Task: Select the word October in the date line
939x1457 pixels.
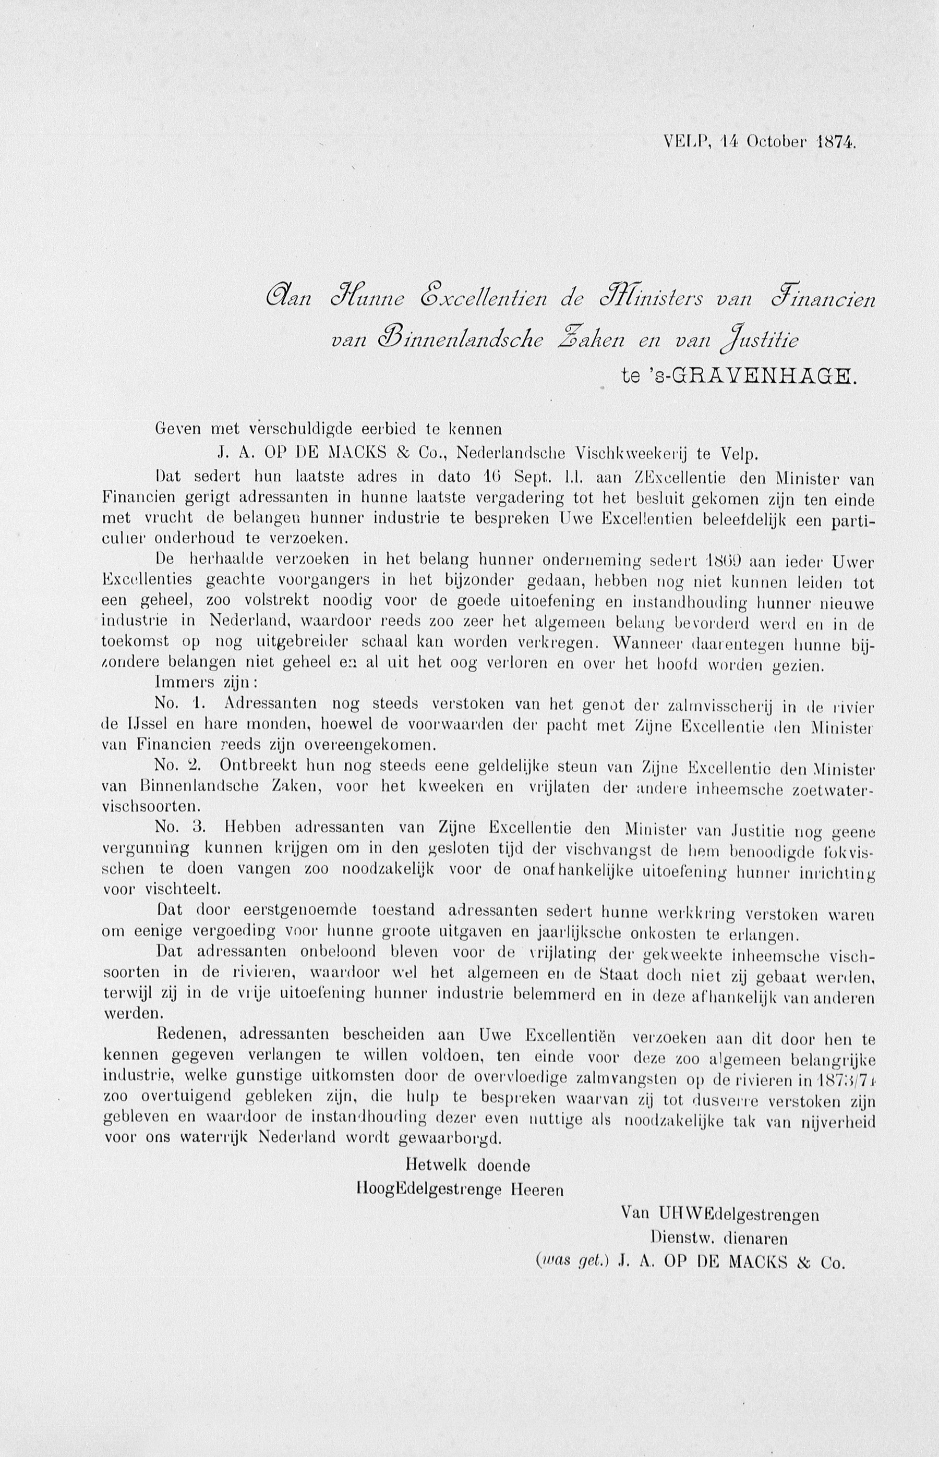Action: (x=772, y=142)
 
